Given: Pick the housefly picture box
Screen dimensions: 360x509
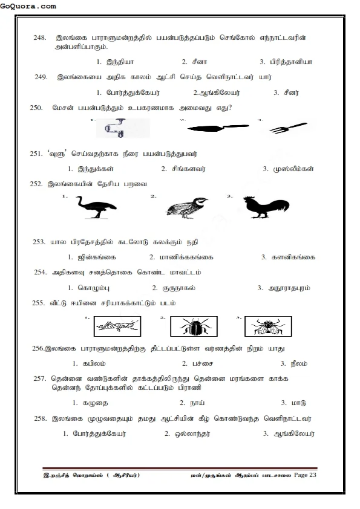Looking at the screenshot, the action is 267,327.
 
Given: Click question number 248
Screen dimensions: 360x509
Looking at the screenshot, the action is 40,38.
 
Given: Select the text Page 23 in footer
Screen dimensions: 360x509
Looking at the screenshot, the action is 305,475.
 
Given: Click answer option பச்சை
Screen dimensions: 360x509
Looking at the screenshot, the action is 197,363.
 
